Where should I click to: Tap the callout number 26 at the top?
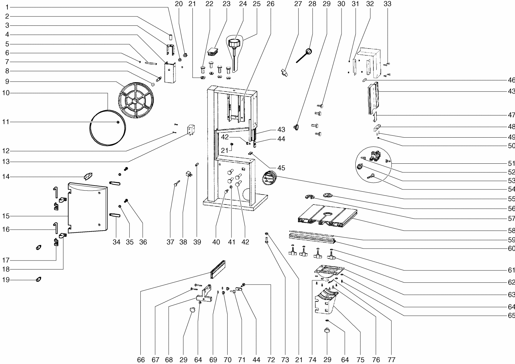coord(271,4)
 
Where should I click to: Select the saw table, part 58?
coord(327,216)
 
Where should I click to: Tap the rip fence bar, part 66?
coord(218,269)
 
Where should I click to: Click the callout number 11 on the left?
coord(6,122)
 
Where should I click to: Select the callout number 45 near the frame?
coord(281,168)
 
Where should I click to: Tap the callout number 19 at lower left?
coord(6,280)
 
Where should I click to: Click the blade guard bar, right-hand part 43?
coord(373,98)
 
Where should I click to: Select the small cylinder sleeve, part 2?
coord(171,37)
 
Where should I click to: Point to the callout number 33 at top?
coord(388,4)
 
